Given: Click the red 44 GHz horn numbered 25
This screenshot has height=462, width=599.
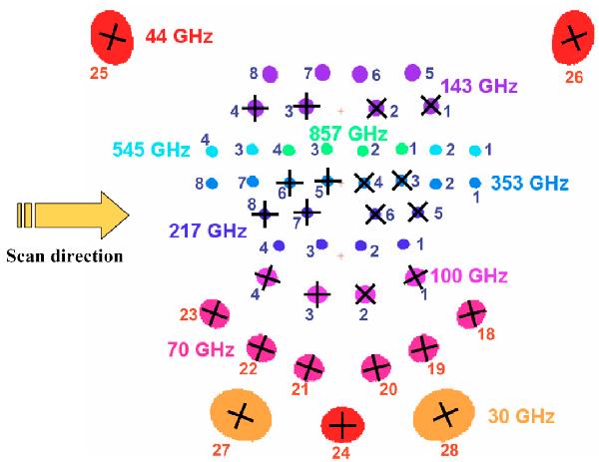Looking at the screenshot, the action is coord(112,37).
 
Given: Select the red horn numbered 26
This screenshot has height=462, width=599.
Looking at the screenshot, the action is coord(573,37).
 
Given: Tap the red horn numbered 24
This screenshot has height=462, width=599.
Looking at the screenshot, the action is coord(342,425).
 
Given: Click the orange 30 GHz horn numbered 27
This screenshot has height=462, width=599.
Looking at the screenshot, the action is coord(241,415).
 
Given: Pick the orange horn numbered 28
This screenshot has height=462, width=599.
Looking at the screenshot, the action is coord(444,414).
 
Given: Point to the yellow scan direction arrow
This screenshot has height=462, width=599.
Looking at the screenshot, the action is coord(73,216).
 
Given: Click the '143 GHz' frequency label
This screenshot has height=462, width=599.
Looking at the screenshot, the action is coord(479,86).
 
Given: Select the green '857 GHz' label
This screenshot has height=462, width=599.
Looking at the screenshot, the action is coord(348,134).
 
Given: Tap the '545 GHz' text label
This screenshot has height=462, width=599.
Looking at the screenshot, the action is coord(152,150).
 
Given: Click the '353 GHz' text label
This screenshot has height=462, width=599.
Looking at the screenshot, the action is coord(529,184).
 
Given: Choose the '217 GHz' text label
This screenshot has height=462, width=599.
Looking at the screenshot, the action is coord(208,231).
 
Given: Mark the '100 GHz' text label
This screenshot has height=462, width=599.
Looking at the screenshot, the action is coord(469,275).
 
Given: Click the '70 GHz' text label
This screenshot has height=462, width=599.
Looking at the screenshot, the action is coord(201,350).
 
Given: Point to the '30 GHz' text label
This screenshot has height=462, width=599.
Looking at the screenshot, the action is coord(521,416).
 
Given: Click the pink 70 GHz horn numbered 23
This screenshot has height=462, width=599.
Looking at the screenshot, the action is coord(215,313).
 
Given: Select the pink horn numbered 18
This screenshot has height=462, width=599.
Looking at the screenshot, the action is coord(472,314).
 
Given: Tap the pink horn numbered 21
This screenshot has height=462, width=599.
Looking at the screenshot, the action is coord(309,367).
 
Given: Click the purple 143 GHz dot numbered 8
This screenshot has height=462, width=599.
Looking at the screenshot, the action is coord(271,74).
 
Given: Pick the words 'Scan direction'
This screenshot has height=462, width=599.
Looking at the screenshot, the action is coord(65,255).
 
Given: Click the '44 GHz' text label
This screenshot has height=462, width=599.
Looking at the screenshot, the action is coord(179,37).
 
